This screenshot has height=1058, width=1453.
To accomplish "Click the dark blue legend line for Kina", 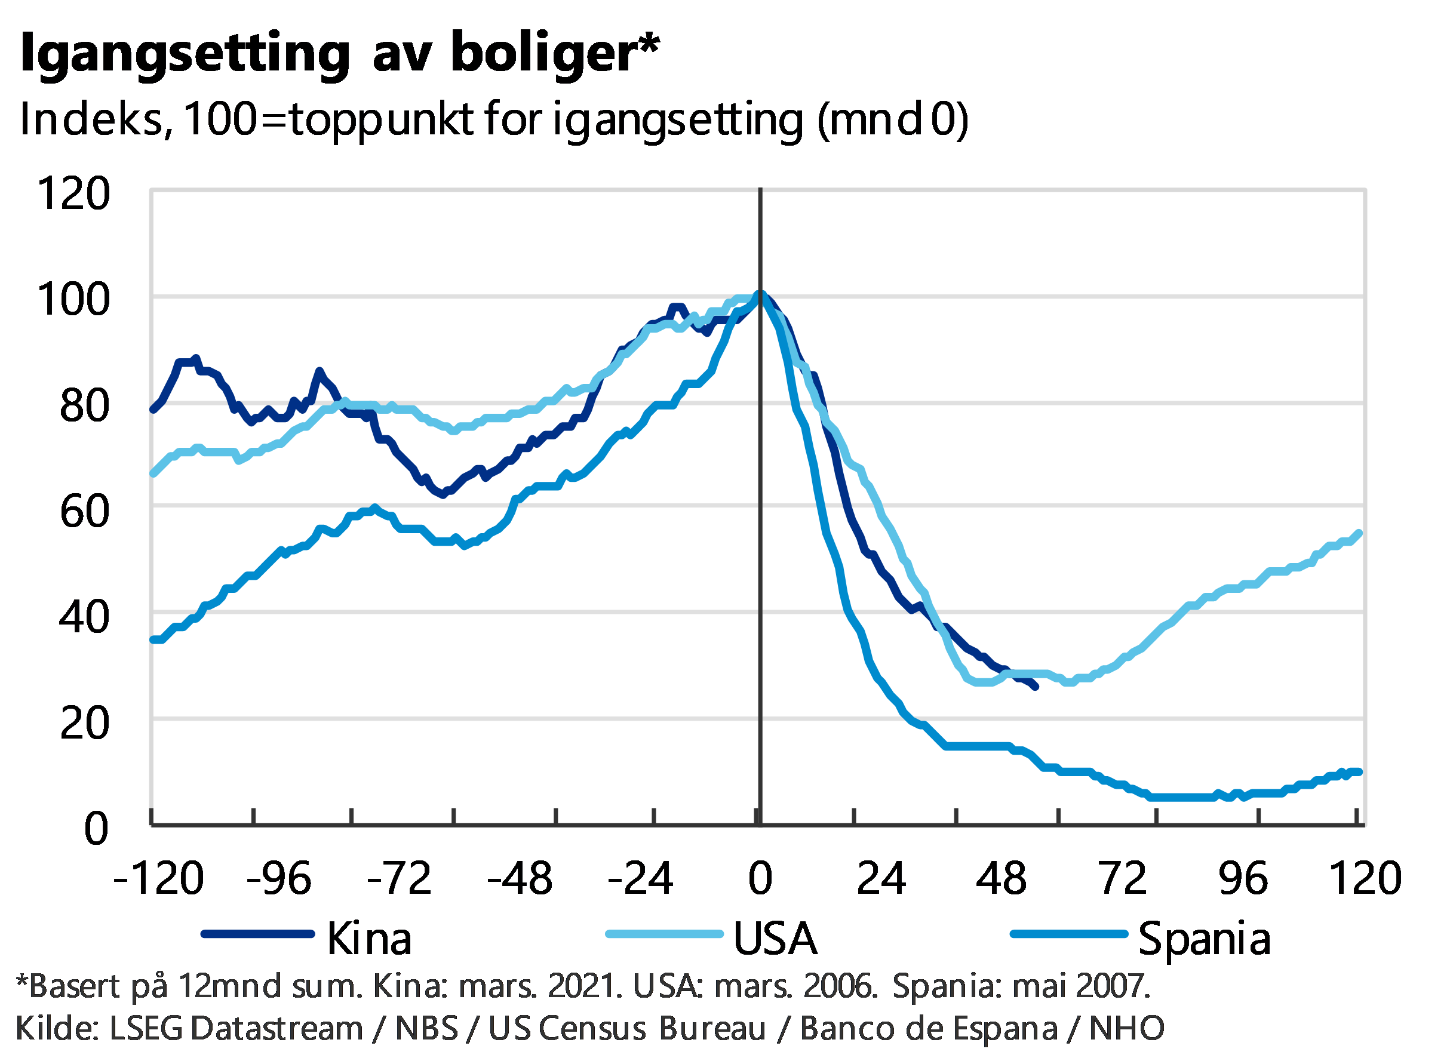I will [x=257, y=934].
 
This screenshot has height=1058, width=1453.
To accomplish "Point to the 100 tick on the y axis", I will [x=74, y=299].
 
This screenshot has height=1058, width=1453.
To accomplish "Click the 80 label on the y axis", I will [x=85, y=405].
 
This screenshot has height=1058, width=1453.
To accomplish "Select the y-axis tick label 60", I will [x=85, y=511].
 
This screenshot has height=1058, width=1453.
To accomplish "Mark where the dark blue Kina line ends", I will [x=1036, y=688].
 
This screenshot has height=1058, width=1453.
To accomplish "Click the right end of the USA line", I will [x=1359, y=532].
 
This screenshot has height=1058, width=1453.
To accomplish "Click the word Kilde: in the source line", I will [x=56, y=1029].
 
